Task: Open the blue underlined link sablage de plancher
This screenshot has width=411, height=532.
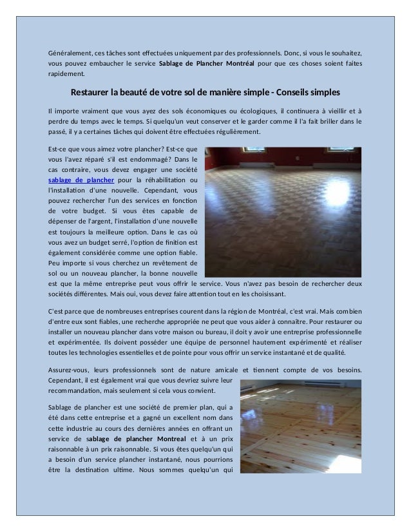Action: (x=81, y=180)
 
